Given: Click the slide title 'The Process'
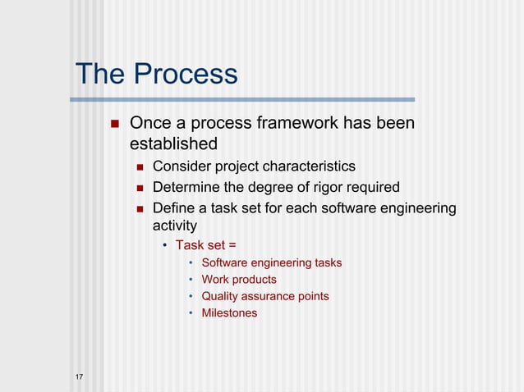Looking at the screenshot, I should click(x=156, y=75).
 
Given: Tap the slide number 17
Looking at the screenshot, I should click(x=78, y=376).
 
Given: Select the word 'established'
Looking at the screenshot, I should click(x=173, y=145).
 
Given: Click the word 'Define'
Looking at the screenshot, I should click(x=174, y=208).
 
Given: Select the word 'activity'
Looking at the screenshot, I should click(x=174, y=225).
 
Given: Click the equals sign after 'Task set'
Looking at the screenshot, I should click(x=232, y=244).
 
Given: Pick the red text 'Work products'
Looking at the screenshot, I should click(x=239, y=280).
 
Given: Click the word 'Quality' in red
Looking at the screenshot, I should click(x=221, y=296).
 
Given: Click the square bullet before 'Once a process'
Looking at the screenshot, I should click(x=114, y=125).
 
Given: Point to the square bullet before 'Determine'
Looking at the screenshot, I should click(x=139, y=189).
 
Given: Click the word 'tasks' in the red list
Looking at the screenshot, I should click(x=329, y=263).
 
